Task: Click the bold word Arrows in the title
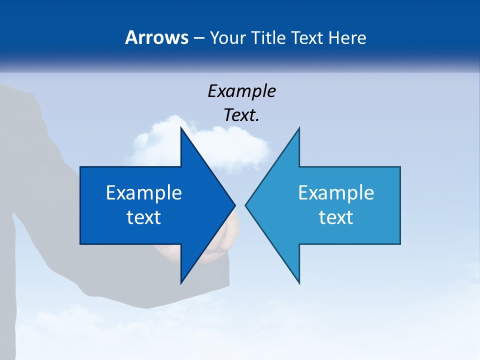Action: click(x=156, y=37)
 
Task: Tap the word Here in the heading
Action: click(x=347, y=37)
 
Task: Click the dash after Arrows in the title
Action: click(x=198, y=38)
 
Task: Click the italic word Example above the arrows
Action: click(x=241, y=91)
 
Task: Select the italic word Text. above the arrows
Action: click(x=241, y=115)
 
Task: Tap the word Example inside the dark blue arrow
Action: click(x=144, y=192)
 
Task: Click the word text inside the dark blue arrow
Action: click(x=144, y=217)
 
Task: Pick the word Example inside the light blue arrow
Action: click(x=336, y=192)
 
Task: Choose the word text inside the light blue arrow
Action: click(x=336, y=217)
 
